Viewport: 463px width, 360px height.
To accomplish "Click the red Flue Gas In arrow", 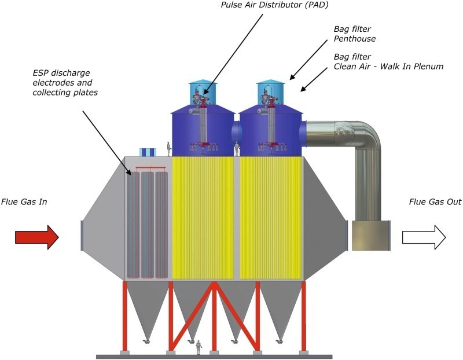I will [x=36, y=237].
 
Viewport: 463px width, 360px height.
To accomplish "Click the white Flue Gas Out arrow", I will [x=424, y=237].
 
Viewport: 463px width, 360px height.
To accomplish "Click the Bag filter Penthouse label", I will [x=355, y=33].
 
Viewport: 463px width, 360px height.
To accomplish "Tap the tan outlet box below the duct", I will [x=370, y=235].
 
